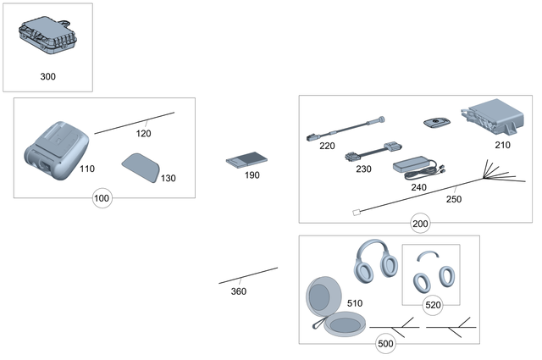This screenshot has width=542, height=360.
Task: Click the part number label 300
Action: tap(47, 76)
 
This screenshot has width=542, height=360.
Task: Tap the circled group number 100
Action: tap(102, 198)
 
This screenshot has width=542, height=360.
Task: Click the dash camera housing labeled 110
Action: tap(53, 147)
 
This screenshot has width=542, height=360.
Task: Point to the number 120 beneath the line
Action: tap(143, 134)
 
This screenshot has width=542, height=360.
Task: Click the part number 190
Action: tap(252, 175)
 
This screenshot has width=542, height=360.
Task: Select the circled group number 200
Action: tap(420, 224)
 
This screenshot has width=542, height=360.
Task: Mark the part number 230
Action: tap(363, 169)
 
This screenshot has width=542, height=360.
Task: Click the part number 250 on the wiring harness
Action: tap(454, 199)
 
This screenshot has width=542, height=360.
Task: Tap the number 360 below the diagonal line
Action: tap(239, 291)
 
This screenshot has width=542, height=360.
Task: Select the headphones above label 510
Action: tap(375, 258)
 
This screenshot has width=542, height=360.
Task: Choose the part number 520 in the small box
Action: tap(432, 304)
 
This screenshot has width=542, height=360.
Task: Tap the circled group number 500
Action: tap(385, 345)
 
